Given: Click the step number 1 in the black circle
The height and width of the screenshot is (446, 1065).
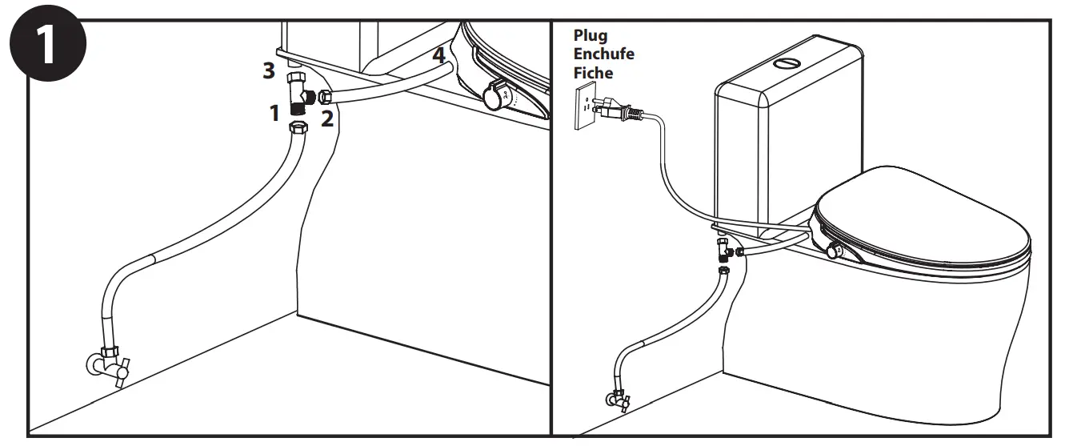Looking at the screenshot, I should [x=46, y=46].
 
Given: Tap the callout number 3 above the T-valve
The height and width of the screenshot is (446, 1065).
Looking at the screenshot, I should [x=270, y=70].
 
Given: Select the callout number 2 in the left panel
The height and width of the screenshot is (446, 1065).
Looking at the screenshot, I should [x=326, y=119].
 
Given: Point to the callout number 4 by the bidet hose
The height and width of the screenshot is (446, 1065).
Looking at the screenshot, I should [x=438, y=56].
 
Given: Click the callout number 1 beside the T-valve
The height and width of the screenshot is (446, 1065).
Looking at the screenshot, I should [x=274, y=114].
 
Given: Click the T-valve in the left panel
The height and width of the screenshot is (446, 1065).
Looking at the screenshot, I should [x=300, y=92].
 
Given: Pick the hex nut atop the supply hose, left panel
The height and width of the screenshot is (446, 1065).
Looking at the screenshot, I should [x=298, y=130].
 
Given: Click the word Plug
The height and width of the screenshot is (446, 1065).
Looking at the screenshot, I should [x=591, y=36].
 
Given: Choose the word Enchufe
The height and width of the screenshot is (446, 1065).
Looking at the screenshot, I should [x=604, y=54].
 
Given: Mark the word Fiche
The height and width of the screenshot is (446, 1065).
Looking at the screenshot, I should [x=593, y=73].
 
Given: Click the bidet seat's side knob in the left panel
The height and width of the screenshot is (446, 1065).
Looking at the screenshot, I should [x=494, y=97].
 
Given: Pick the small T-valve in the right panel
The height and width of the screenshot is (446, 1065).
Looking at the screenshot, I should [x=723, y=250].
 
